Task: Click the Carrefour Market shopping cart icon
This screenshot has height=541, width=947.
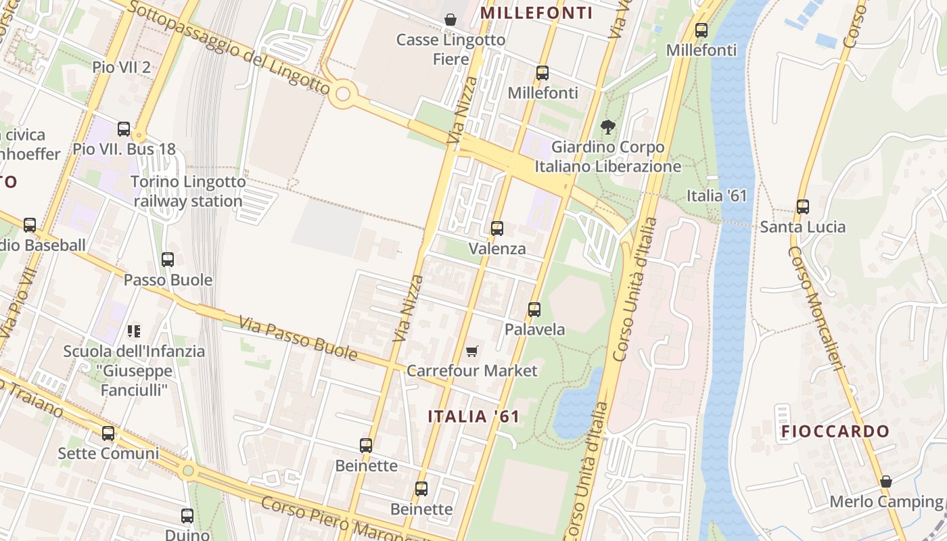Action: coord(471,351)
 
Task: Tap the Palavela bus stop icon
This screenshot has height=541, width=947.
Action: coord(534,310)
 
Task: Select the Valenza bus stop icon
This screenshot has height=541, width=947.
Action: coord(497,229)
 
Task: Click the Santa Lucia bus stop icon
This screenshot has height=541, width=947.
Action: coord(803,207)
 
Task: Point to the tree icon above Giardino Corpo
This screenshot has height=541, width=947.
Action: coord(608,126)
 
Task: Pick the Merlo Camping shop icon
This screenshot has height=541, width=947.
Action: coord(886,481)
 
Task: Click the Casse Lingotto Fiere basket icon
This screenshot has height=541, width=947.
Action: coord(451,20)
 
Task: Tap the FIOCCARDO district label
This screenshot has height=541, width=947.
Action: coord(835,431)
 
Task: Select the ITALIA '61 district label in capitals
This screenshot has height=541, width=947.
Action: coord(473,417)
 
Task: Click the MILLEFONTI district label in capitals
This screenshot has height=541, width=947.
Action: coord(536,13)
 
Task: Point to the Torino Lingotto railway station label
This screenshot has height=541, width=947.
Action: coord(188,191)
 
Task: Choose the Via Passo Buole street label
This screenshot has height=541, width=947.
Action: coord(298,339)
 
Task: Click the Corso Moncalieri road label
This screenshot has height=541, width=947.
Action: coord(818,308)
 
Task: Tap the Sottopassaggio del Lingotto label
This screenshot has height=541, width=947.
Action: coord(228,47)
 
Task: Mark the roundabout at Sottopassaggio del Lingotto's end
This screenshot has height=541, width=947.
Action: coord(343,94)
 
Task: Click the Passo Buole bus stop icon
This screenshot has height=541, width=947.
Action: coord(168,260)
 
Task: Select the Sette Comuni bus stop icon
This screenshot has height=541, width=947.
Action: coord(108,433)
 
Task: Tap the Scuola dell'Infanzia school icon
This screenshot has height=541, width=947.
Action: coord(134,331)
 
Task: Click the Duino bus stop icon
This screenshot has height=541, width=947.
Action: coord(187,516)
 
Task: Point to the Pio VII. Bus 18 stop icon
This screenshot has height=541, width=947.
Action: coord(124,129)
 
